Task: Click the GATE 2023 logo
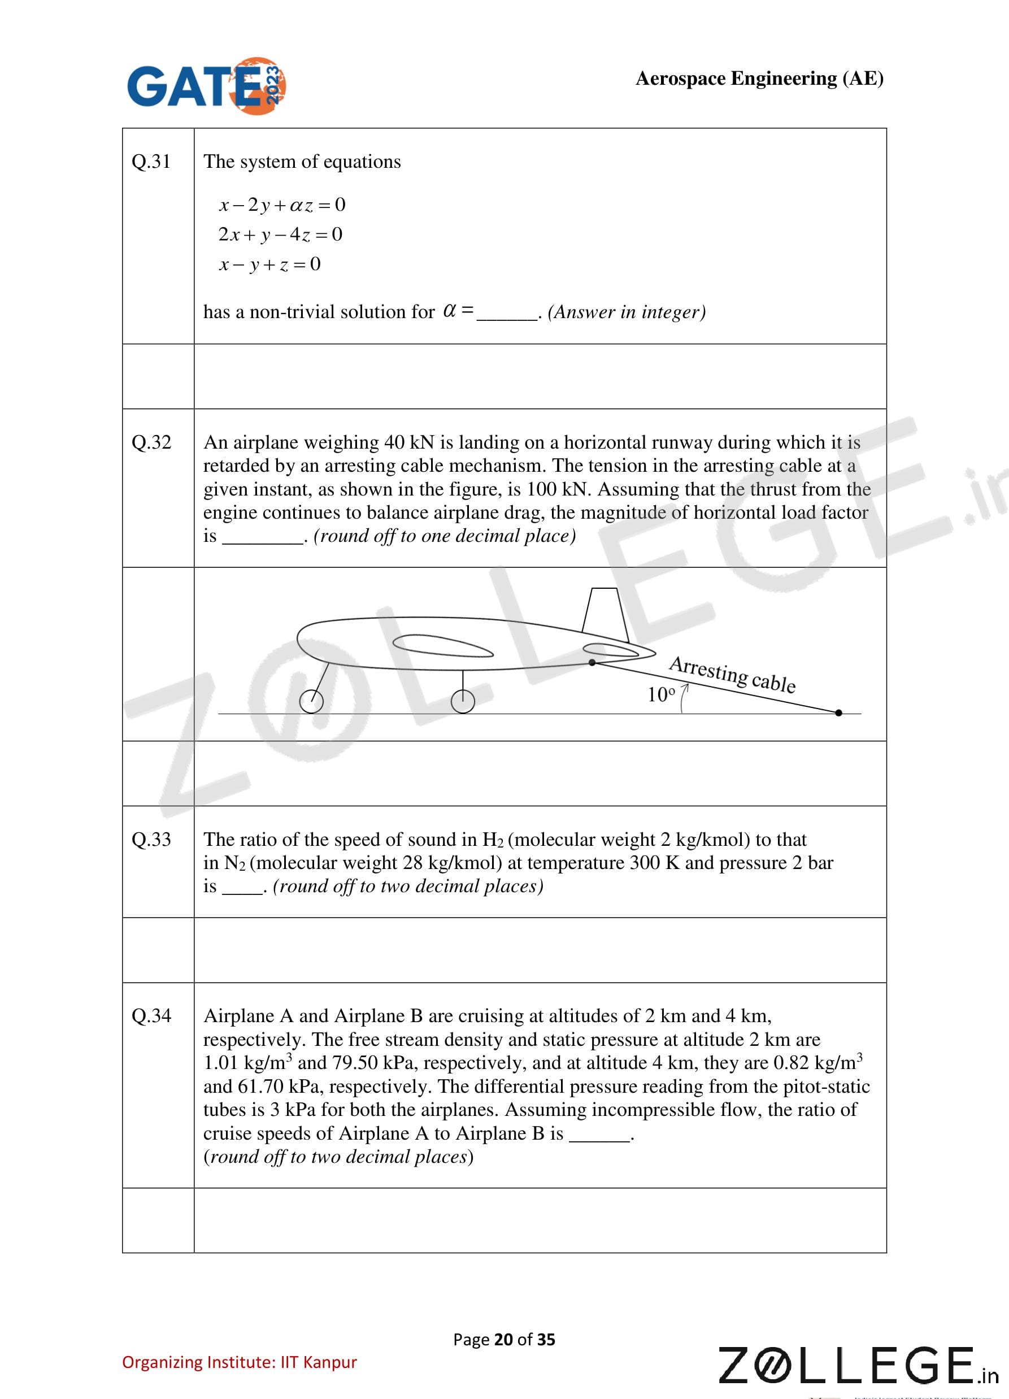(x=206, y=86)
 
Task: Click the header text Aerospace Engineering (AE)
(x=759, y=79)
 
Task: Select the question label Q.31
(x=151, y=162)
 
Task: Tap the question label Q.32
(x=151, y=442)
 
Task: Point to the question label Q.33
(x=151, y=839)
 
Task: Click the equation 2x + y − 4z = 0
(x=280, y=234)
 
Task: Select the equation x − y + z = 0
(x=269, y=264)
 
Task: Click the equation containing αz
(x=282, y=205)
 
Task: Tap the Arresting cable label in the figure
(x=732, y=674)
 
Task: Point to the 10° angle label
(x=660, y=695)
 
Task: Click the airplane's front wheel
(x=311, y=701)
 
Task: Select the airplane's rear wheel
(x=463, y=701)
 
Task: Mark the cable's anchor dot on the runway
(x=838, y=713)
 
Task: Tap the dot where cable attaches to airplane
(x=592, y=662)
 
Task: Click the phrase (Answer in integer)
(x=627, y=312)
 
